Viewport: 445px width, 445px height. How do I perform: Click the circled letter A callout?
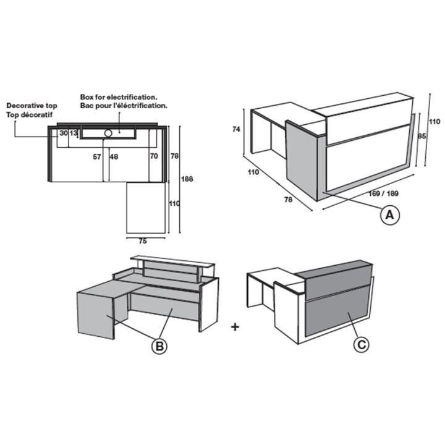[x=389, y=215]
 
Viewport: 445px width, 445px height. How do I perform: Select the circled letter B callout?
[x=159, y=346]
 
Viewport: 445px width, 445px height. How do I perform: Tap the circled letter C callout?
[x=362, y=344]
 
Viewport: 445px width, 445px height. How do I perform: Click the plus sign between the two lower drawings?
[x=235, y=327]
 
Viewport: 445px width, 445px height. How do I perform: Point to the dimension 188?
[x=187, y=179]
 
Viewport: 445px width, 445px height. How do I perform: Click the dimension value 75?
[x=143, y=241]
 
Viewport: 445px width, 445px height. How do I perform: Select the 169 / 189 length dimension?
[x=383, y=193]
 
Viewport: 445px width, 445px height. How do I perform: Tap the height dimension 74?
[x=236, y=129]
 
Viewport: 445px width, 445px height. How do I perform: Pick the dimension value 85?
[x=422, y=136]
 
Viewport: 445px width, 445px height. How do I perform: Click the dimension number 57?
[x=97, y=156]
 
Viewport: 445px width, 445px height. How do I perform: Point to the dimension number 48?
[x=114, y=156]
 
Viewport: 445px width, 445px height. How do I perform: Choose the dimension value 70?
[x=154, y=156]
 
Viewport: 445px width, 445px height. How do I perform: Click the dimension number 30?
[x=64, y=133]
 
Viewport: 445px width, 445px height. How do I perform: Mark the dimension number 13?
[x=73, y=133]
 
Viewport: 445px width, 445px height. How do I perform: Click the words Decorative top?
[x=32, y=106]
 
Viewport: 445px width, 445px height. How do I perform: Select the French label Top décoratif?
[x=30, y=115]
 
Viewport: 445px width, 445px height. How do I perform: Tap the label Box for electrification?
[x=119, y=97]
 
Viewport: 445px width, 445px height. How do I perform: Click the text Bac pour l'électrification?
[x=124, y=106]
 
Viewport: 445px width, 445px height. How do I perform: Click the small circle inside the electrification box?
[x=108, y=133]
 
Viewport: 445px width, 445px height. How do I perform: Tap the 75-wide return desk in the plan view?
[x=146, y=208]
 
